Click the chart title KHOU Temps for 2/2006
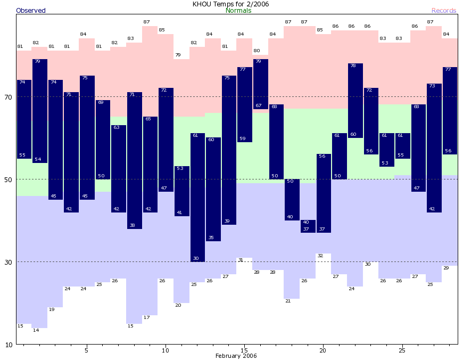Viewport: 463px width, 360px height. [x=231, y=4]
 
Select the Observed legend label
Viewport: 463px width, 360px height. [x=31, y=11]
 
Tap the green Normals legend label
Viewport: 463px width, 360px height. [x=238, y=11]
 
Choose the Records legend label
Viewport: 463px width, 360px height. [x=444, y=11]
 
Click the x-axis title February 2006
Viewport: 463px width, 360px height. [x=236, y=356]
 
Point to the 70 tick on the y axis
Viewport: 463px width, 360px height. [x=8, y=97]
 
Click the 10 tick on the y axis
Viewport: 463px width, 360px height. [x=8, y=345]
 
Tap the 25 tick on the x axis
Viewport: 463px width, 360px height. [x=402, y=350]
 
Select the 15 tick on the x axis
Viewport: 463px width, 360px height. [x=244, y=350]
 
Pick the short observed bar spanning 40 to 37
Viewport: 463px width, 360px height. [x=308, y=226]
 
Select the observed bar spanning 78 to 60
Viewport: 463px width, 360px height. [x=355, y=101]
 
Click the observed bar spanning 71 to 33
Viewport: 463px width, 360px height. [x=134, y=160]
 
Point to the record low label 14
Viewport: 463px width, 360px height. [x=36, y=330]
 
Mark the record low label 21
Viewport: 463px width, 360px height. [x=288, y=301]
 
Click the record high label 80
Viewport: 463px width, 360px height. [x=257, y=51]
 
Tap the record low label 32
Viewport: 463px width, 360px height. [x=320, y=256]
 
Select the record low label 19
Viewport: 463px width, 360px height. [x=52, y=309]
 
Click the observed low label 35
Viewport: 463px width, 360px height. [x=211, y=238]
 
